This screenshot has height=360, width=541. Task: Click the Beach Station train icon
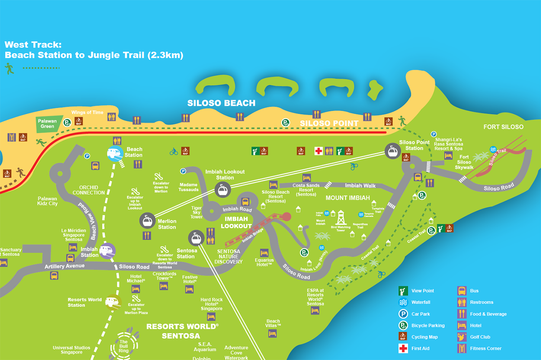point(115,154)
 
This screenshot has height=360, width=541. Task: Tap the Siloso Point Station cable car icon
point(392,151)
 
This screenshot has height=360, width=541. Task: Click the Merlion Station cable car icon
point(147,221)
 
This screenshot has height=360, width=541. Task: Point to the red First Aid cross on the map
point(319,151)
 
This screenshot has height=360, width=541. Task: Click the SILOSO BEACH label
point(221,103)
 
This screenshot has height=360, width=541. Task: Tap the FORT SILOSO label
point(503,127)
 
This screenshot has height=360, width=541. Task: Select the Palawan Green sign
point(48,124)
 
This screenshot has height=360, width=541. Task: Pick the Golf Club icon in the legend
point(462,337)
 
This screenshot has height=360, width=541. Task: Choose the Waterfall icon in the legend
point(403,302)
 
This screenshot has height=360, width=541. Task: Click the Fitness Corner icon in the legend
point(462,348)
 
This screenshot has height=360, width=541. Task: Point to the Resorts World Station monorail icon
point(112,301)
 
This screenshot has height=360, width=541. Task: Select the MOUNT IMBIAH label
point(348,198)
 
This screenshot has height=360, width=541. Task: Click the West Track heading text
point(94,50)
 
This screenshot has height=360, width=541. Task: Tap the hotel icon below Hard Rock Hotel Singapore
point(211,317)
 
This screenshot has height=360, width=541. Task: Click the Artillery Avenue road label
point(64,266)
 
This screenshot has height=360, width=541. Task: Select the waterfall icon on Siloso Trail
point(493,150)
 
